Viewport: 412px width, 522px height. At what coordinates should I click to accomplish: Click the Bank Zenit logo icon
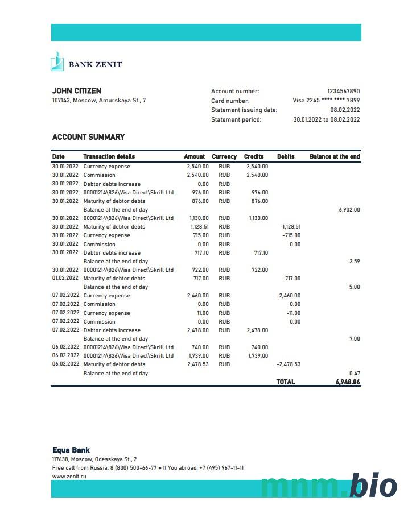pyautogui.click(x=57, y=61)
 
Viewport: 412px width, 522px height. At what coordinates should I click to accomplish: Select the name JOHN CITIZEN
pyautogui.click(x=77, y=91)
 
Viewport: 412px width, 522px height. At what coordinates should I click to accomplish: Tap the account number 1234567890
pyautogui.click(x=343, y=92)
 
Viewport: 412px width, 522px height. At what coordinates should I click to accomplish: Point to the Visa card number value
pyautogui.click(x=326, y=101)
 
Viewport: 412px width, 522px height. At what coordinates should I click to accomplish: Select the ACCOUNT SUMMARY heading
pyautogui.click(x=88, y=137)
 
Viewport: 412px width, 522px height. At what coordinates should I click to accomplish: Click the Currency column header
pyautogui.click(x=224, y=156)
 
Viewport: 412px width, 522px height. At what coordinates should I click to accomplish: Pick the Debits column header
pyautogui.click(x=286, y=156)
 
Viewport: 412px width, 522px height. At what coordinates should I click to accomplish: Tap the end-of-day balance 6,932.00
pyautogui.click(x=349, y=210)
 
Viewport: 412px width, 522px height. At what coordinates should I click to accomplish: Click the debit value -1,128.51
pyautogui.click(x=290, y=227)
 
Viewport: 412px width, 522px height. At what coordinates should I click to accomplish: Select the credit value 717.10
pyautogui.click(x=259, y=253)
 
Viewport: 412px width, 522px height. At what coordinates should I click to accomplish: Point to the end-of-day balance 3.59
pyautogui.click(x=354, y=262)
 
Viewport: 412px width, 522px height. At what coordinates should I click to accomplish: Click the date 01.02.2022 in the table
pyautogui.click(x=65, y=279)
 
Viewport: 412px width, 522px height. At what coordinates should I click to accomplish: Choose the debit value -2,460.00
pyautogui.click(x=289, y=296)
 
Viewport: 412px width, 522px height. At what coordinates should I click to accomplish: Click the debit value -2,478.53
pyautogui.click(x=289, y=364)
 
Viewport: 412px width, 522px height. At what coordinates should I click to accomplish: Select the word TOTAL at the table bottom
pyautogui.click(x=286, y=382)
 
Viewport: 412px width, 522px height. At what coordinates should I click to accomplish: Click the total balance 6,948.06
pyautogui.click(x=348, y=382)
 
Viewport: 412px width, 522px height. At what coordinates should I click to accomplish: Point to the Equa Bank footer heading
pyautogui.click(x=71, y=450)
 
